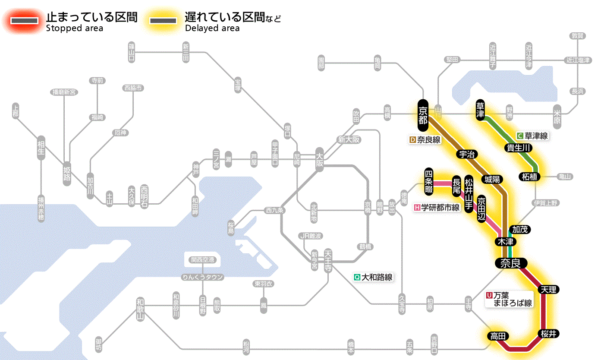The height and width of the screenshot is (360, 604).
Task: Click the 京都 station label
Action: (x=423, y=115)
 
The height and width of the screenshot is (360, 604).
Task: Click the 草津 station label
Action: (x=480, y=111)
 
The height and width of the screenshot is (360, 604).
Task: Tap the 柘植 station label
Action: (x=530, y=177)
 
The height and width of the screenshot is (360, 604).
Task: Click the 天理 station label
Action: (x=548, y=289)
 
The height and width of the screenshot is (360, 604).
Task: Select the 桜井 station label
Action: (x=548, y=334)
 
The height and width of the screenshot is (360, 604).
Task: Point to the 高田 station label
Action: (x=498, y=336)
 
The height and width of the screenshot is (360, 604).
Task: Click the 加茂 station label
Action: (x=519, y=229)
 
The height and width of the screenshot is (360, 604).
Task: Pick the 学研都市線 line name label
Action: (x=437, y=207)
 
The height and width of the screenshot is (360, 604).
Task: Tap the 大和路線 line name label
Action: (x=373, y=277)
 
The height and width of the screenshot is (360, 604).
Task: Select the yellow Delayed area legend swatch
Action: (x=163, y=21)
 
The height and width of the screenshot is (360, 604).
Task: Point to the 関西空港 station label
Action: (x=203, y=260)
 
